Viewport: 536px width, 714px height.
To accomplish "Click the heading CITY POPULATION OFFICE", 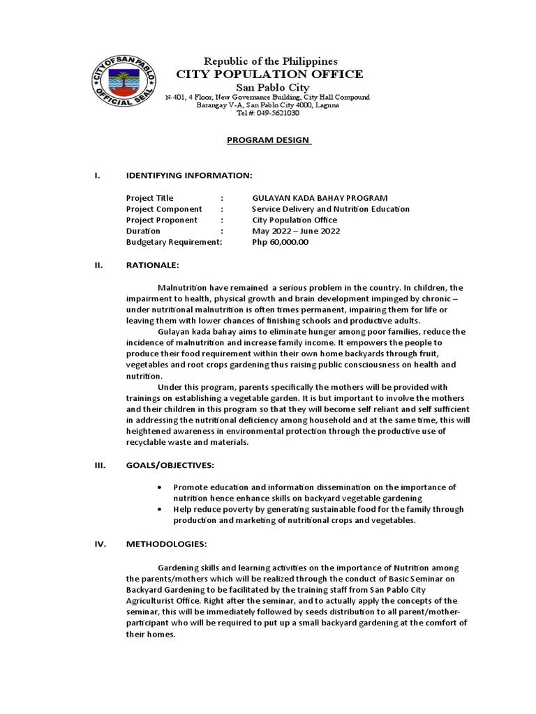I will point(269,74).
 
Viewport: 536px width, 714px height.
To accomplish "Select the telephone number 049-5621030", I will point(278,113).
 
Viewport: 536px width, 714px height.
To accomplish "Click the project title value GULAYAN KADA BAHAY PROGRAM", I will point(320,198).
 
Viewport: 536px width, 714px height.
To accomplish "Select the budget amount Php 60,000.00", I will point(279,242).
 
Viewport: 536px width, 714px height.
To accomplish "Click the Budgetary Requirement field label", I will point(174,242).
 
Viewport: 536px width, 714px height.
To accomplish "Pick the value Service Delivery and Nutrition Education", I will point(330,209).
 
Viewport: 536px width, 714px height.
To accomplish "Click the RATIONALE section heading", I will point(153,265).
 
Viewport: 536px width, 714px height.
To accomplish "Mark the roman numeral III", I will point(100,464).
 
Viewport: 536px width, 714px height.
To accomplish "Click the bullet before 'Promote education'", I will point(161,487).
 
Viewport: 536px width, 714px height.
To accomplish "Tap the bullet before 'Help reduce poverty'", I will point(161,510).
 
